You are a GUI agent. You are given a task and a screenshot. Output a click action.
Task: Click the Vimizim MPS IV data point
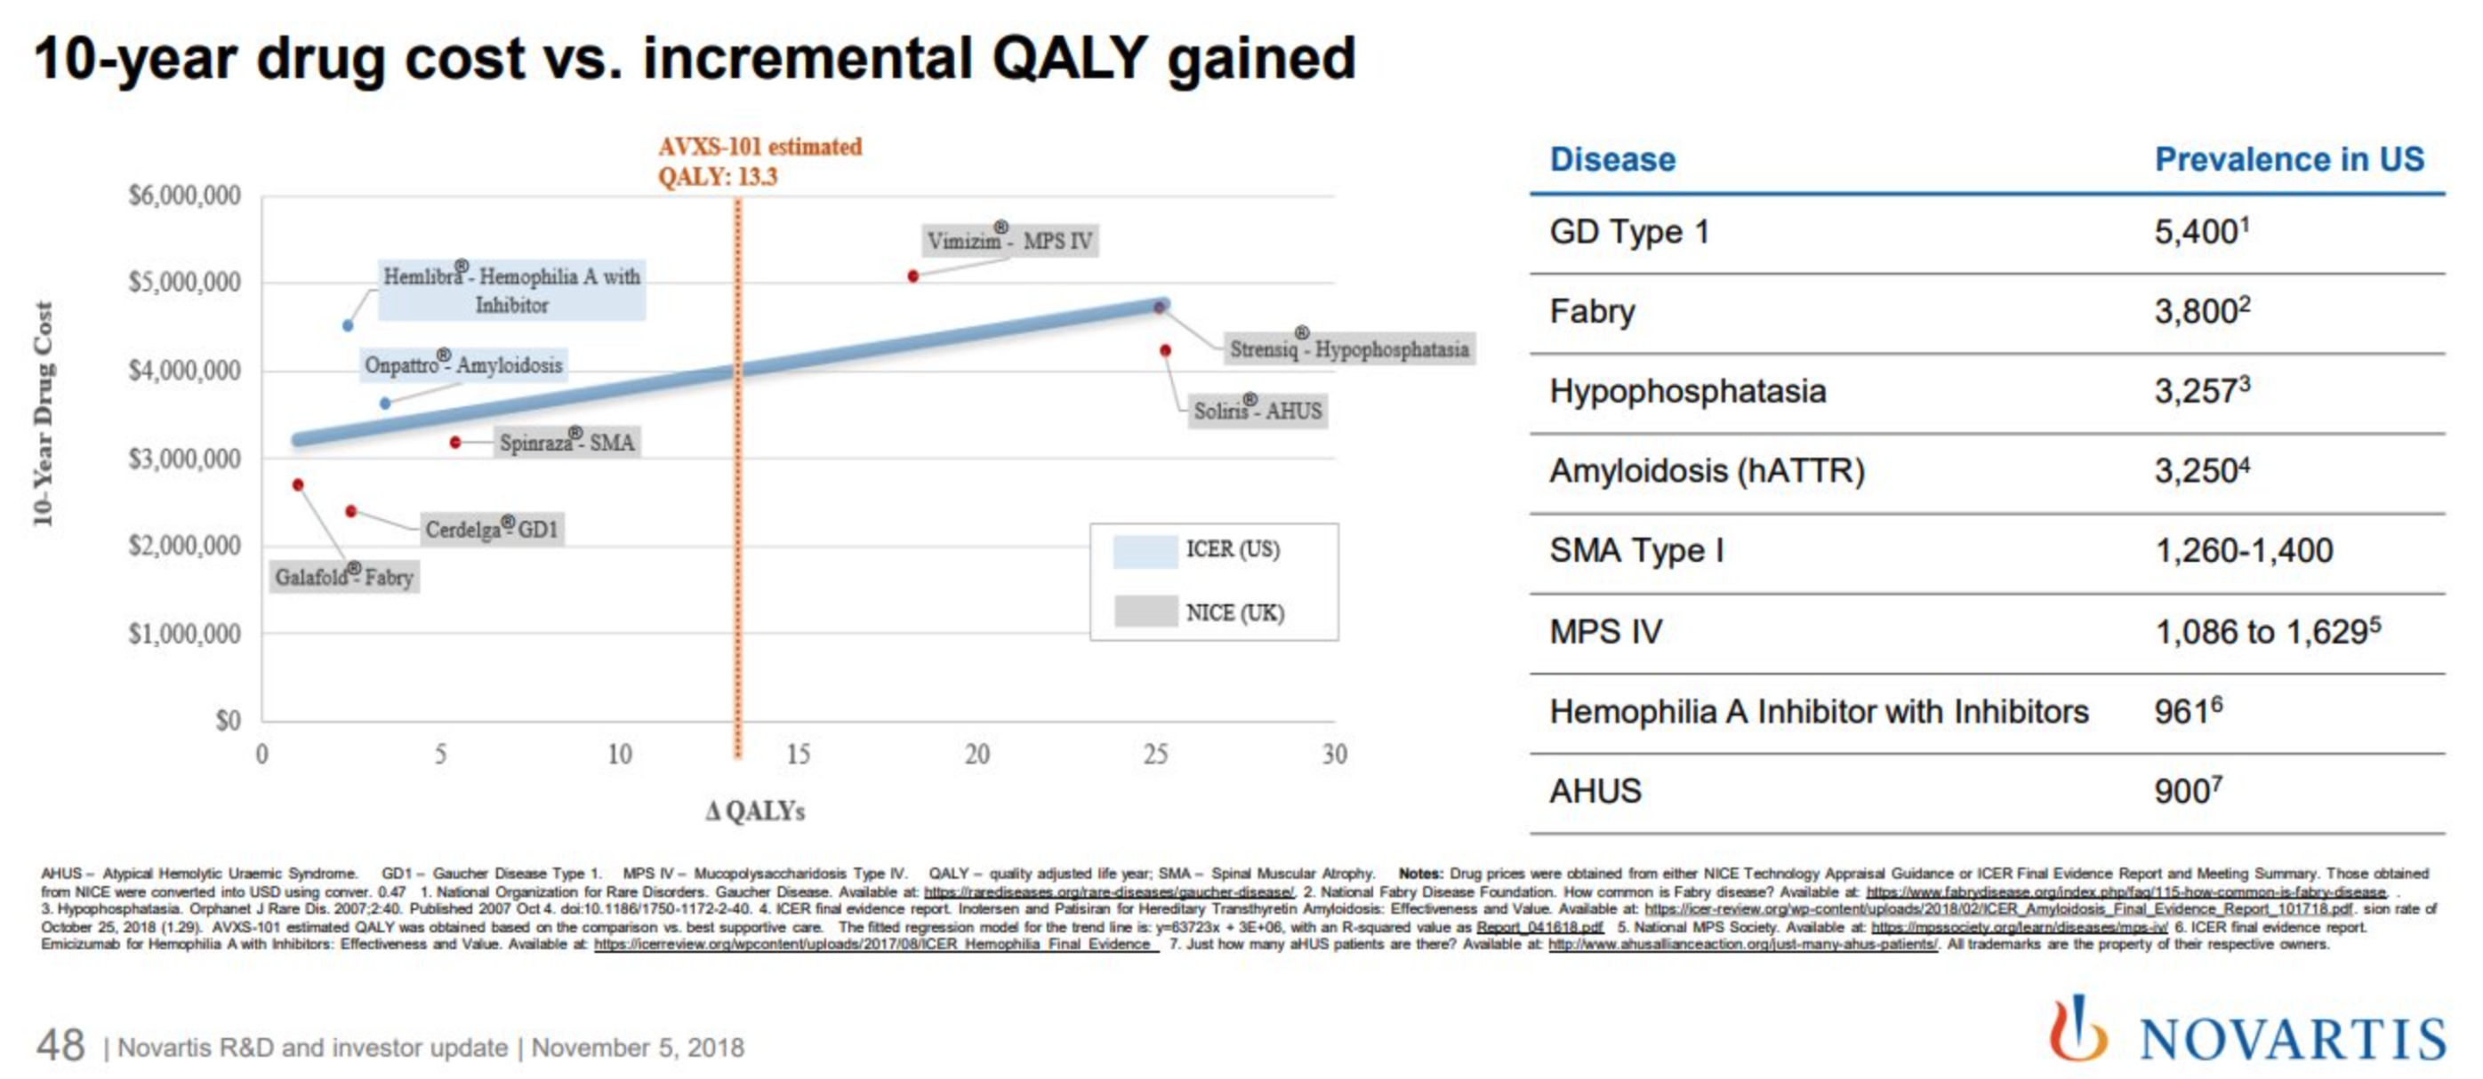click(912, 276)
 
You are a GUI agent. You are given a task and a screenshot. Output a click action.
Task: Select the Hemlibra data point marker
click(348, 325)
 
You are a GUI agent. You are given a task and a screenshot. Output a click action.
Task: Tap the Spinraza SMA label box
click(567, 443)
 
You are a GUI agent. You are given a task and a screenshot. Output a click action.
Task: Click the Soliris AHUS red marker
click(1165, 351)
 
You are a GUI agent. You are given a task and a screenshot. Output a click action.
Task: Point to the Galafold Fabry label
click(344, 577)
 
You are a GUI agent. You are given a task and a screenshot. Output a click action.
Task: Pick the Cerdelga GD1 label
click(493, 529)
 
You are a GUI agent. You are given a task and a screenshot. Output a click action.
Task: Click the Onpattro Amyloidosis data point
click(384, 404)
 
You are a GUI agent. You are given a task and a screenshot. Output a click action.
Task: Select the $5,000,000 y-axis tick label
click(185, 283)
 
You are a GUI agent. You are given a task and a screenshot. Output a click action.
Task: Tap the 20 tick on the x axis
click(976, 754)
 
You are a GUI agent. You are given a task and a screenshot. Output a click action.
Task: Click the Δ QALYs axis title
click(755, 811)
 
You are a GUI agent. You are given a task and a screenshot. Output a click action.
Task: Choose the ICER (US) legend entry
click(1198, 550)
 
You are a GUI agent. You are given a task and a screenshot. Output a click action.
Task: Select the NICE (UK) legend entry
click(1200, 612)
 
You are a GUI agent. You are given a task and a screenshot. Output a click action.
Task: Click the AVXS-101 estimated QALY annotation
click(759, 161)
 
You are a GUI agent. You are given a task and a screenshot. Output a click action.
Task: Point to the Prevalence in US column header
click(2288, 159)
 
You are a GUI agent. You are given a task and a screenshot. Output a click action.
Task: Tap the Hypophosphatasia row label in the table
click(1687, 391)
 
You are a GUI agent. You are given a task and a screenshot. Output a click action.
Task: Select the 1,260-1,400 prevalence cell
click(2243, 551)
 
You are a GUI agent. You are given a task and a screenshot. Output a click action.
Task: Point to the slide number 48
click(60, 1045)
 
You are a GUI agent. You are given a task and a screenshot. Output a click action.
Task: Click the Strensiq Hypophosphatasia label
click(1348, 348)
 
